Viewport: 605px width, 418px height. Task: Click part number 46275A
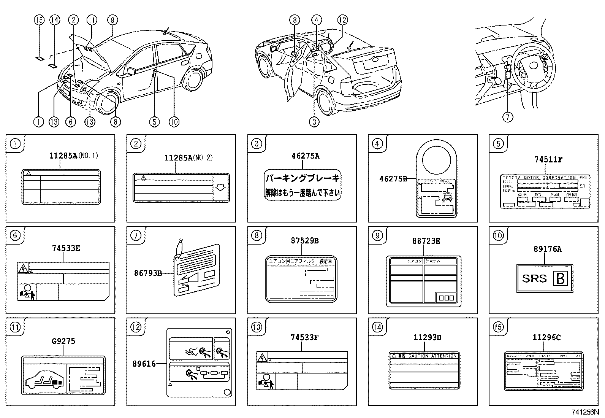point(305,156)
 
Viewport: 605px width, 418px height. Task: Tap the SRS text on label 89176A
point(534,278)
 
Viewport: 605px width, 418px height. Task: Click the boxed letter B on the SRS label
point(561,279)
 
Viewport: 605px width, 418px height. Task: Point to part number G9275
point(63,341)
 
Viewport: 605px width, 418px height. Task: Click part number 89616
point(144,364)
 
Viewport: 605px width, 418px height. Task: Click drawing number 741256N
point(584,412)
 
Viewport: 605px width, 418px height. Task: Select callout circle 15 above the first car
point(39,20)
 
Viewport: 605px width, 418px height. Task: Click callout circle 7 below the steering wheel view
point(508,117)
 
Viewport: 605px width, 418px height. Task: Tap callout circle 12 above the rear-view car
point(342,20)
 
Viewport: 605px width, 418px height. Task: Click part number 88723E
point(426,241)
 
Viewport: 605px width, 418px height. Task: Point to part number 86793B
point(148,273)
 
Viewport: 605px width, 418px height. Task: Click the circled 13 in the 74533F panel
point(257,327)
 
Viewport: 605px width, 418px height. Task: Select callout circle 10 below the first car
point(173,122)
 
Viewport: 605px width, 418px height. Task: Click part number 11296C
point(546,337)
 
